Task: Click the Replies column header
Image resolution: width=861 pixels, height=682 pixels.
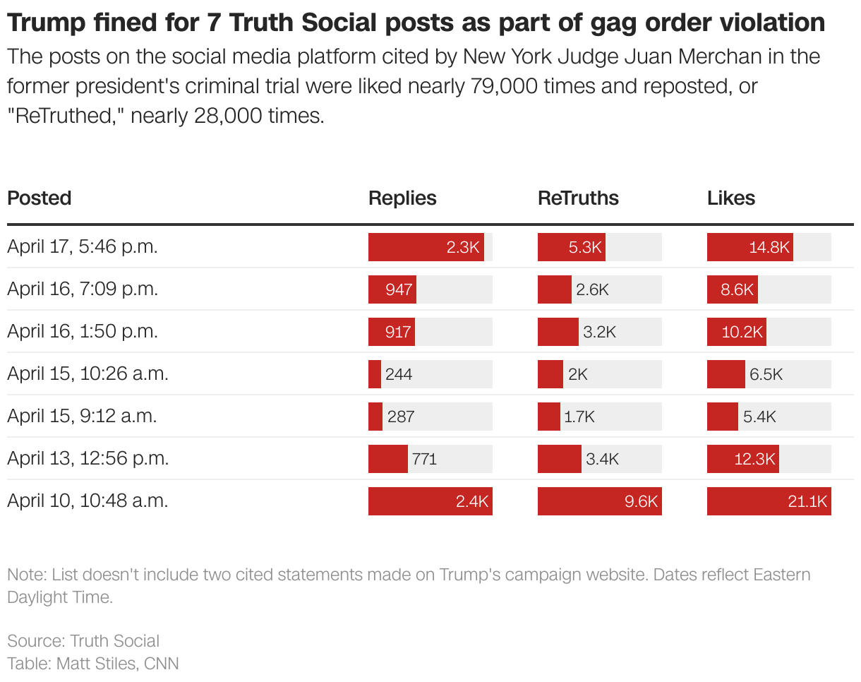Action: click(402, 198)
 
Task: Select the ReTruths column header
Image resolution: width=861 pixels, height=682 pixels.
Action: click(578, 198)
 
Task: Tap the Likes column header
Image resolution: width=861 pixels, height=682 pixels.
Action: click(731, 198)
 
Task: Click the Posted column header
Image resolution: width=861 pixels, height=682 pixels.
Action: click(40, 198)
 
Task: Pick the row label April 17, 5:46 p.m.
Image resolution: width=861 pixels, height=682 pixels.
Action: click(83, 247)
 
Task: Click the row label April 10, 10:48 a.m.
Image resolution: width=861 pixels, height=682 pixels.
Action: click(88, 501)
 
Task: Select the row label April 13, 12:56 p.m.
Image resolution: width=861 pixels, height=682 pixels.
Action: click(88, 459)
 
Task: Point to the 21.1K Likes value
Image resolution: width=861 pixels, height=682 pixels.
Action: click(807, 501)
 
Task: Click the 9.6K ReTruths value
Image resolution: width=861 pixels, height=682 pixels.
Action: click(641, 501)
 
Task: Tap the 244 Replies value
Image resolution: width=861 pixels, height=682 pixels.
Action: click(399, 374)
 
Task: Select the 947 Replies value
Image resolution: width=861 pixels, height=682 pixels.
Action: click(399, 289)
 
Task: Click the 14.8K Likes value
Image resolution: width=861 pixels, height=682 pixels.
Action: click(769, 247)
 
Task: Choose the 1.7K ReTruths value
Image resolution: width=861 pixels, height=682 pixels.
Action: click(579, 417)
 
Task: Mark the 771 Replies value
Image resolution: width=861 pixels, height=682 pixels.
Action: click(424, 459)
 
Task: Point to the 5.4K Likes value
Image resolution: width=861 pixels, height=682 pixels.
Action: click(759, 417)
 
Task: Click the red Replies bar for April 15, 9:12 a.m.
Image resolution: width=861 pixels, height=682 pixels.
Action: click(375, 417)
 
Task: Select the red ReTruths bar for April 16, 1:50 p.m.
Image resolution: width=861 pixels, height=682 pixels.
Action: click(558, 332)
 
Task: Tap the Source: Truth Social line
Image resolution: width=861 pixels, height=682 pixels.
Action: click(83, 641)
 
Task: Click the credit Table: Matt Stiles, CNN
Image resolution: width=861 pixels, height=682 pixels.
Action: click(93, 664)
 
